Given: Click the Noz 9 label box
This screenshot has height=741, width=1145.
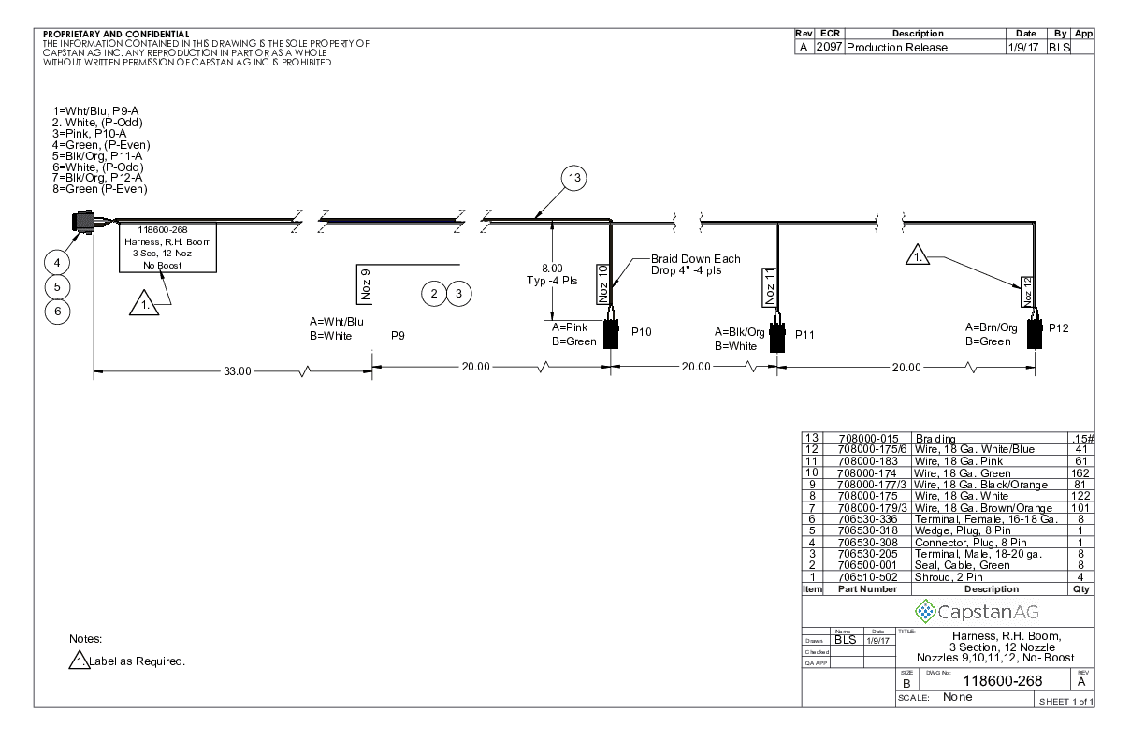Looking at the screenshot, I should coord(365,285).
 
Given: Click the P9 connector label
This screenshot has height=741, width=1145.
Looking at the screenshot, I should coord(398,334).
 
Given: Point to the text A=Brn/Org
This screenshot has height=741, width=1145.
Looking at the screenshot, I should coord(992,327).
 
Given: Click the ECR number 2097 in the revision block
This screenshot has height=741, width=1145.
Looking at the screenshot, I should coord(830,48).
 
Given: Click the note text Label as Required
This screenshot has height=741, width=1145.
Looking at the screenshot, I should coord(138,661).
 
